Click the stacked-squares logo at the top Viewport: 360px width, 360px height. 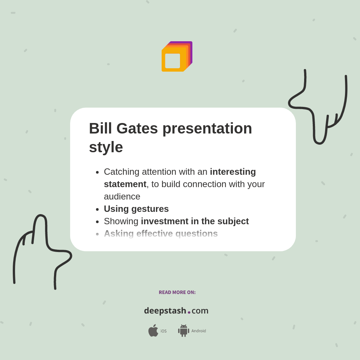tap(177, 57)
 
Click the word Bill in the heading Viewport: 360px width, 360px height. tap(100, 129)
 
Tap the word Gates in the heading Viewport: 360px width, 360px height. tap(137, 129)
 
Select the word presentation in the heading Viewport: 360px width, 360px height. tap(207, 129)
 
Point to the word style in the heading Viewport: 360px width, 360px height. tap(106, 147)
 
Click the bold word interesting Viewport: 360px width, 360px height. tap(232, 172)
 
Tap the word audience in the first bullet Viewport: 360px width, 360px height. tap(122, 196)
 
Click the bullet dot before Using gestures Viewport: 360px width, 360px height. tap(97, 209)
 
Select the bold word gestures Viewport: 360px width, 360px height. tap(150, 209)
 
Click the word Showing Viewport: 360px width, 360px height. tap(121, 221)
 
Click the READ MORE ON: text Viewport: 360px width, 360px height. tap(177, 292)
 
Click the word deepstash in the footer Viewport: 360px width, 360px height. tap(165, 310)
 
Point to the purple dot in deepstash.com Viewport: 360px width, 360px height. tap(189, 312)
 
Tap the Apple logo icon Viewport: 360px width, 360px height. tap(153, 330)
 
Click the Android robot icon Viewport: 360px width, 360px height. tap(183, 330)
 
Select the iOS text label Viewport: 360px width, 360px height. tap(163, 331)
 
